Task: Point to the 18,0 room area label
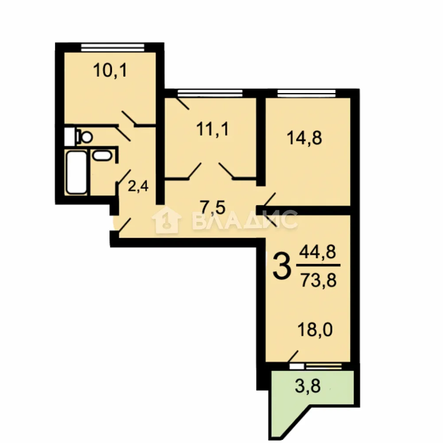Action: coord(316,330)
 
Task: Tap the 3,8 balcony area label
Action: coord(307,387)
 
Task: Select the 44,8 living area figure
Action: coord(317,254)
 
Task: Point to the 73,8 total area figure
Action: coord(317,280)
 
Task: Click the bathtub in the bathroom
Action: coord(77,172)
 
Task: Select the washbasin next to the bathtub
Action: coord(103,155)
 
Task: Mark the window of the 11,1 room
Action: coord(210,93)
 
